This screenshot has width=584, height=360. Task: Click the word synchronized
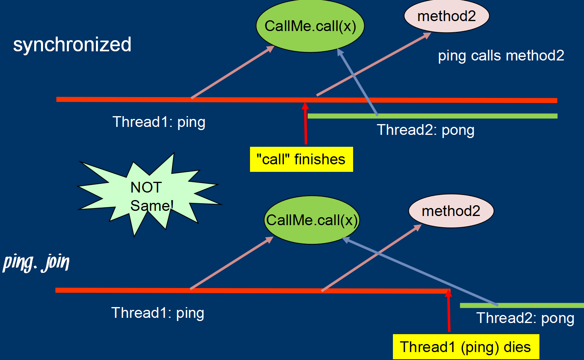click(x=72, y=45)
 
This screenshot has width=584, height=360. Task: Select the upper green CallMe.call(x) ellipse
click(x=310, y=26)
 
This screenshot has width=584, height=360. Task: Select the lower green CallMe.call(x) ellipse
click(x=312, y=220)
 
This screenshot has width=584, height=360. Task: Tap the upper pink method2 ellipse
click(x=446, y=16)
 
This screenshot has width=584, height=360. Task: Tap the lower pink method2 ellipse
click(x=451, y=211)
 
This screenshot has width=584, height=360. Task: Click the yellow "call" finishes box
click(x=301, y=160)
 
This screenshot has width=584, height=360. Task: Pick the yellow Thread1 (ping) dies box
click(x=465, y=347)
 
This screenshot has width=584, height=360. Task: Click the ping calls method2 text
click(x=501, y=56)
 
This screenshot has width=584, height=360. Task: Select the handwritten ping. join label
click(x=36, y=263)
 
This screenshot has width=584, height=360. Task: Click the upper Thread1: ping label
click(x=159, y=122)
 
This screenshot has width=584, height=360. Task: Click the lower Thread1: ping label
click(x=158, y=313)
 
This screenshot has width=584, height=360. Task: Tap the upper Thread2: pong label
click(x=426, y=130)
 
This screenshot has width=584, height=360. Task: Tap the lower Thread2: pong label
click(x=525, y=318)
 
